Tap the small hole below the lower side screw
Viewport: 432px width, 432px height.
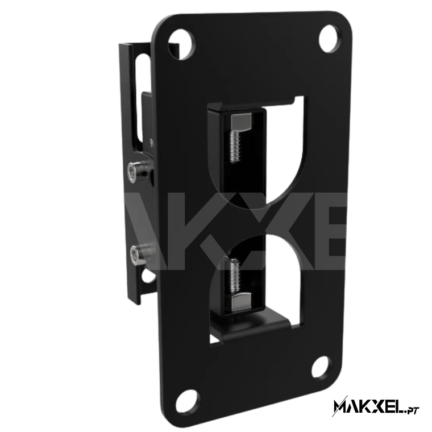144,279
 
